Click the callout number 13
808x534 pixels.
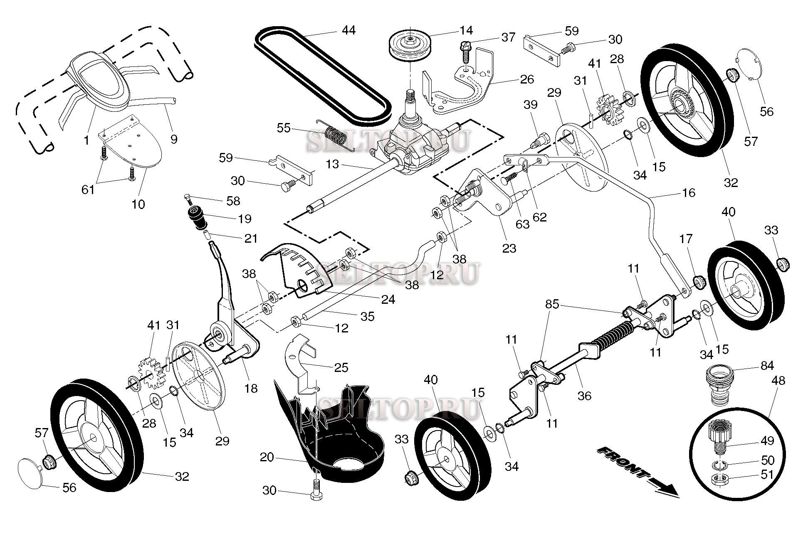pos(332,165)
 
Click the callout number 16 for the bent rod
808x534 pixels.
pos(689,193)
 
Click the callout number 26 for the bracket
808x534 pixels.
pos(526,79)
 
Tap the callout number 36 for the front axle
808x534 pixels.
pos(584,396)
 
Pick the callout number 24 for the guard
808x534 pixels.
pos(388,299)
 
